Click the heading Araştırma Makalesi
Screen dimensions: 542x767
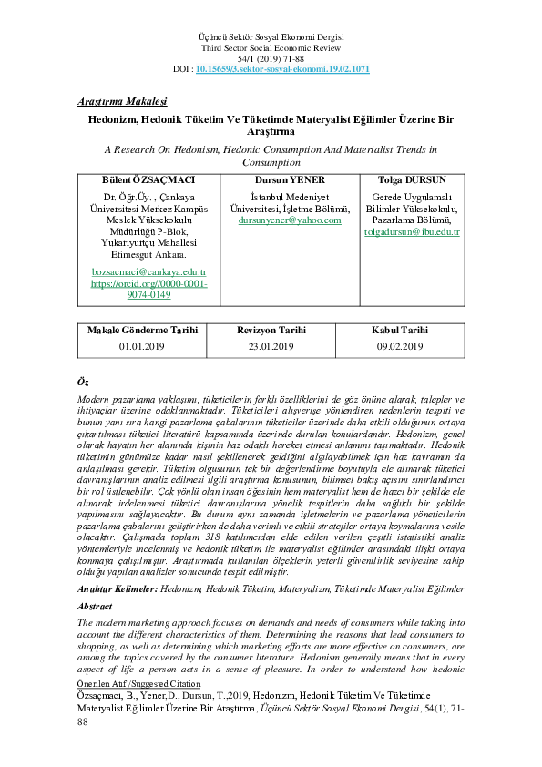click(x=121, y=102)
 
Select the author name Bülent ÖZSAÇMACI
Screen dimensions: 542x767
click(x=149, y=180)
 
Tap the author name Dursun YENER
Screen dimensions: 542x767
click(x=288, y=180)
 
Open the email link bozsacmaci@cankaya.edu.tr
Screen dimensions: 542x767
click(x=149, y=271)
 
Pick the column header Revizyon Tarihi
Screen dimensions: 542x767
click(x=271, y=330)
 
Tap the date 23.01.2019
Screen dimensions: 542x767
click(x=271, y=346)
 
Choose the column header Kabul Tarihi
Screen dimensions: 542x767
click(x=400, y=330)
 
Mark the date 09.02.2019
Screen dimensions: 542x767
click(x=400, y=346)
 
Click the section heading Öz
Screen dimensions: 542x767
click(x=84, y=380)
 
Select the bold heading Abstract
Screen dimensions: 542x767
click(x=95, y=606)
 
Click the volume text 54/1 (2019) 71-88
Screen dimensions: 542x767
click(x=271, y=58)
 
